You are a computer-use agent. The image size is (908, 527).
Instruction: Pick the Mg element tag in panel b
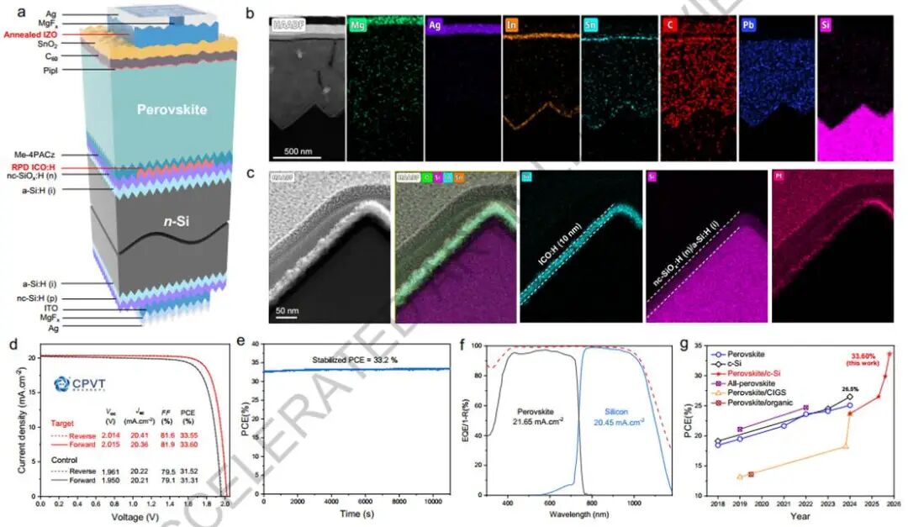coord(359,26)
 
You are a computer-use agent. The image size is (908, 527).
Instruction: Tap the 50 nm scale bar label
coord(288,309)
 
